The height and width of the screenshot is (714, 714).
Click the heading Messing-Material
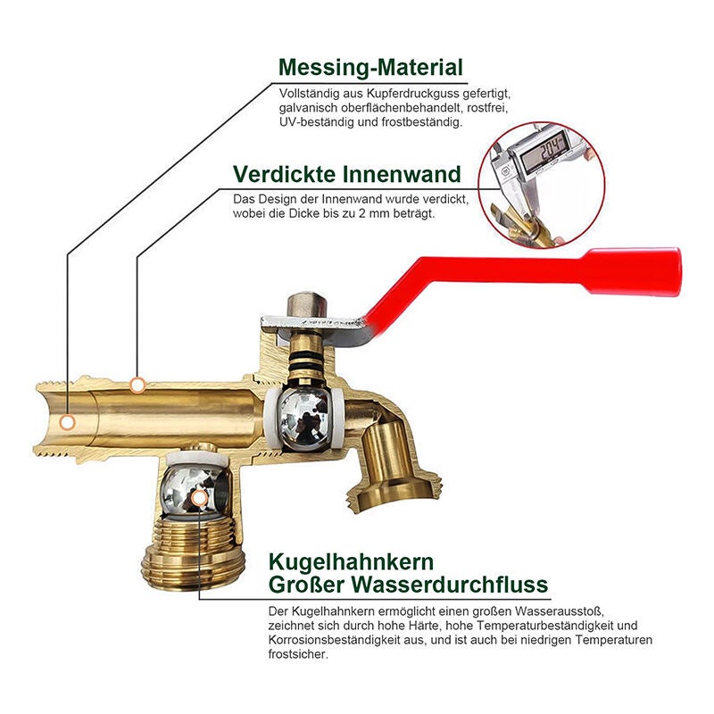tap(370, 68)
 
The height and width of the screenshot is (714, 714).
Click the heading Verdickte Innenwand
tap(347, 174)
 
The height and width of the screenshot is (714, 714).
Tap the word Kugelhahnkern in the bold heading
tap(351, 563)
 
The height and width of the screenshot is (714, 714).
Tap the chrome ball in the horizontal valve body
tap(303, 419)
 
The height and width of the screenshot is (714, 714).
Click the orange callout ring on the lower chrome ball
tap(198, 499)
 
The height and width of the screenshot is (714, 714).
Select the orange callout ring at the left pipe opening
tap(68, 423)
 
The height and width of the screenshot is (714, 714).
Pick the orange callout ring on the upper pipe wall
tap(137, 386)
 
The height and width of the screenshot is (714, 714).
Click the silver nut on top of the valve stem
tap(307, 306)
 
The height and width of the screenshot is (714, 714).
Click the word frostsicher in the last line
tap(298, 654)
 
